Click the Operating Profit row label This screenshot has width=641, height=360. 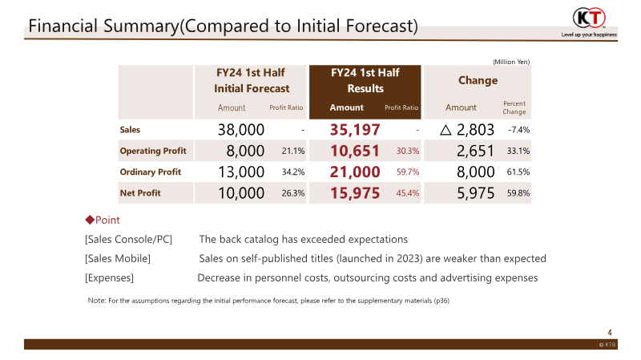click(153, 151)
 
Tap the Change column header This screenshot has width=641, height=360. click(478, 80)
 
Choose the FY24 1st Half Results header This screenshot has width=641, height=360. click(365, 80)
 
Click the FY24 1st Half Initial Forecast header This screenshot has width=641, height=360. click(251, 80)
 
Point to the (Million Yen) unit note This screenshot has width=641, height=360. click(510, 61)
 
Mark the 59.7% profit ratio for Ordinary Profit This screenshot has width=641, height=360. click(408, 172)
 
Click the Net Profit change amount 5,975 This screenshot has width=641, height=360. click(475, 192)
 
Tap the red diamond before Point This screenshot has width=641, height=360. click(90, 220)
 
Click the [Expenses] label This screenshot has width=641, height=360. click(109, 277)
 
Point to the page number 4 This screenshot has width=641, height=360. click(610, 332)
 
